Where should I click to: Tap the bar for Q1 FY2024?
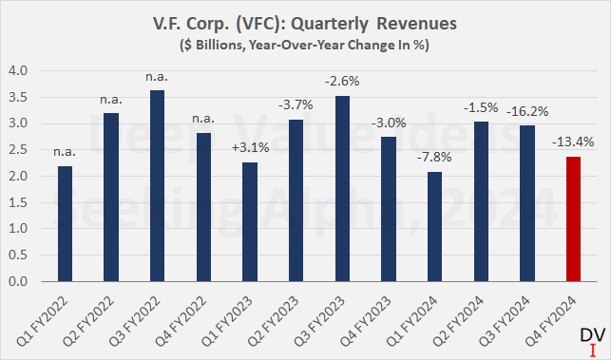point(439,227)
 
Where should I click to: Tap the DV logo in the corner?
point(589,340)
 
